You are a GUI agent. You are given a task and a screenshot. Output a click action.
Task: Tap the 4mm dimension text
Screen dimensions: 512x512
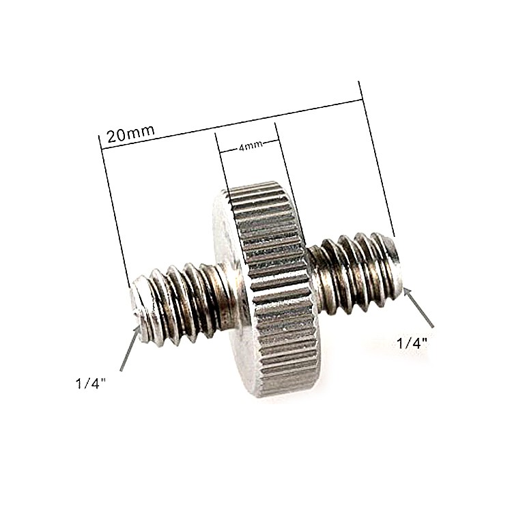[250, 147]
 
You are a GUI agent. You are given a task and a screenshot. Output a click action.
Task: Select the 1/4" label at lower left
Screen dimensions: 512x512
[91, 384]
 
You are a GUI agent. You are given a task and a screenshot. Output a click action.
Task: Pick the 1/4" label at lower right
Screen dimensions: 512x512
[412, 343]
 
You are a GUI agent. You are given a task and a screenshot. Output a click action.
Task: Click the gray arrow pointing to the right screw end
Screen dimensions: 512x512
[419, 308]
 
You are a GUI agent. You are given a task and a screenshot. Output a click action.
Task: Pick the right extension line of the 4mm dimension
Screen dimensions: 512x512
[283, 157]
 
